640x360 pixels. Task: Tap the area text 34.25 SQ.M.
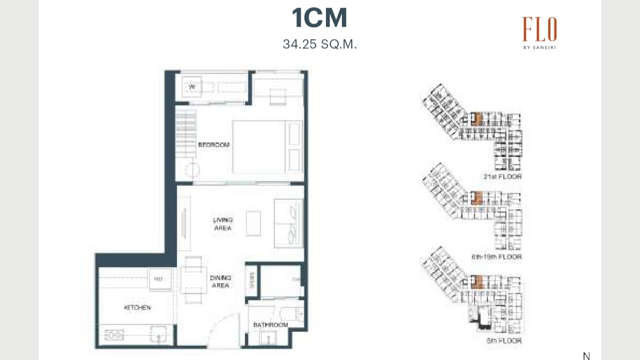(x=320, y=44)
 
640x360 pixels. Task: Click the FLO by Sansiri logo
(x=539, y=32)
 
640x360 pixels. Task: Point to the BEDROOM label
(x=214, y=145)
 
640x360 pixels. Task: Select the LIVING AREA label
(x=222, y=224)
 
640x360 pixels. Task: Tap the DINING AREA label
(x=220, y=282)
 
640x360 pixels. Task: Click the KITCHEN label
(x=137, y=308)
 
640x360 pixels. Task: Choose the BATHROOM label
(x=270, y=325)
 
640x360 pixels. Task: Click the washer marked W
(x=192, y=87)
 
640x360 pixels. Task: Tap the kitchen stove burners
(x=114, y=336)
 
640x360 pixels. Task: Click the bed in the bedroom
(x=267, y=147)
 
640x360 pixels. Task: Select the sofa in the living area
(x=289, y=223)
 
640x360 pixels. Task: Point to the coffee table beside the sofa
(x=253, y=223)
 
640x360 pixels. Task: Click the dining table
(x=193, y=281)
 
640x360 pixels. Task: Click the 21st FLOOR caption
(x=502, y=177)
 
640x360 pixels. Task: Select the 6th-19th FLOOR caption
(x=496, y=257)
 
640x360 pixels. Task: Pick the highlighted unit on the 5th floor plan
(x=478, y=282)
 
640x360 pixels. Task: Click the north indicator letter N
(x=586, y=356)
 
